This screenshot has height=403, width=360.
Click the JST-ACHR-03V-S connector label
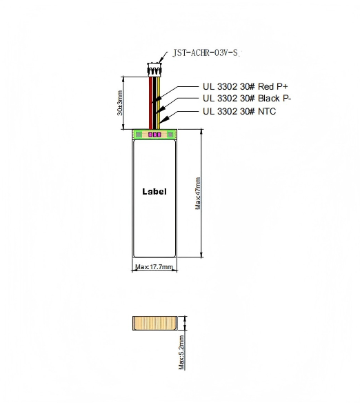coord(205,51)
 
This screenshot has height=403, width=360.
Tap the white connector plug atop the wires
coord(154,70)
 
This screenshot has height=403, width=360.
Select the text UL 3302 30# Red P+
coord(245,87)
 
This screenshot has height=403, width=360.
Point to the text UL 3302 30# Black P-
coord(247,99)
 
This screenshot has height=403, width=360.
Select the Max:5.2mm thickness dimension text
coord(181,353)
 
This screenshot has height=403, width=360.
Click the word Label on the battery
coord(154,191)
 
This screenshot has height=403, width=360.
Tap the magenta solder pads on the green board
coord(154,135)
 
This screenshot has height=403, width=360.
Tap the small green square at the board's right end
coord(171,135)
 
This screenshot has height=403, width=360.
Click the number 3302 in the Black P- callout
coord(227,99)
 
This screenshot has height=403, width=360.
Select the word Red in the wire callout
coord(265,87)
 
